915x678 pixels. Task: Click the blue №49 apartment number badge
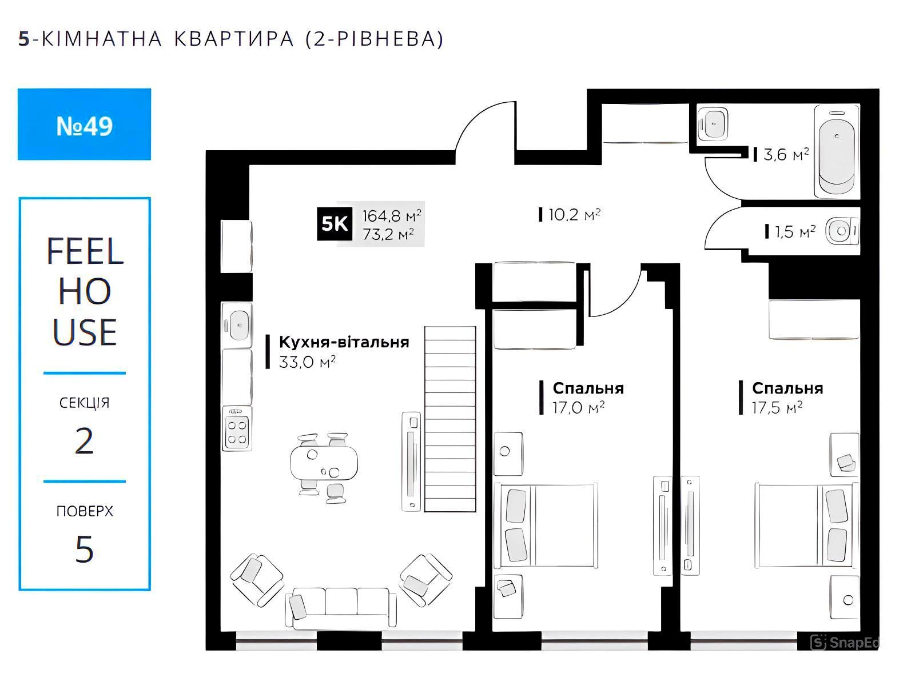coord(84,124)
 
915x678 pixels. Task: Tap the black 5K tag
coord(335,224)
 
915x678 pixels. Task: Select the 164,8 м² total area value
coord(392,215)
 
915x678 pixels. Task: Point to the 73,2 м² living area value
coord(388,234)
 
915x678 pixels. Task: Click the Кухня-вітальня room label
coord(344,342)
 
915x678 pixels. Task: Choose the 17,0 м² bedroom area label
coord(578,408)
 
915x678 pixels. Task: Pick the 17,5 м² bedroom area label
coord(777,408)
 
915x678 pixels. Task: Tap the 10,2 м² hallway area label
coord(574,214)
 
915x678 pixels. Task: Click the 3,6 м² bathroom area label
coord(786,155)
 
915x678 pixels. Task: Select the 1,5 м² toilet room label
coord(795,232)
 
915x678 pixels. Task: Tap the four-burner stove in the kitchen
coord(237,428)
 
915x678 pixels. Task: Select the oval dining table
coord(324,463)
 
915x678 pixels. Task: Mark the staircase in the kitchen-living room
coord(450,419)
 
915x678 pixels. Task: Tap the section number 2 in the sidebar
coord(84,441)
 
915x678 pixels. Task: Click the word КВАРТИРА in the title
coord(234,39)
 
